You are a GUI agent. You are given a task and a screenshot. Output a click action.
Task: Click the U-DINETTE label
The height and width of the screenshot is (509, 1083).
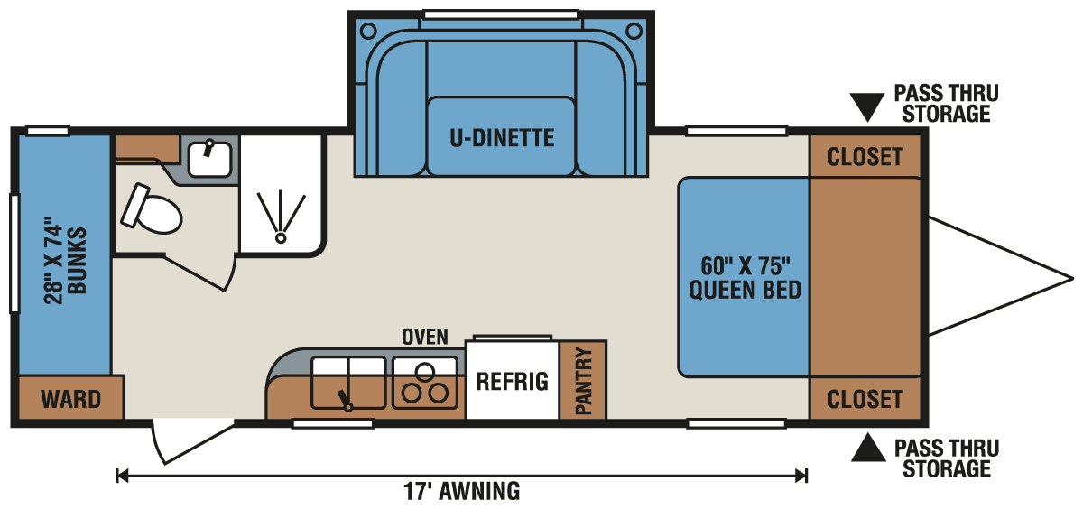[501, 138]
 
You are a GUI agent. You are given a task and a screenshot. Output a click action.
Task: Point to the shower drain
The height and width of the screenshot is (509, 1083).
[281, 236]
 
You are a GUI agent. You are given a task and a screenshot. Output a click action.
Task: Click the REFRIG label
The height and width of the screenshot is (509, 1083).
[512, 381]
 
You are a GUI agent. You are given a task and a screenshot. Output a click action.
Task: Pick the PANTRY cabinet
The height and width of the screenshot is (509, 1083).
[582, 380]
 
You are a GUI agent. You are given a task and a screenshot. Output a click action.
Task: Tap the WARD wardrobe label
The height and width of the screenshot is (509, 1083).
[70, 398]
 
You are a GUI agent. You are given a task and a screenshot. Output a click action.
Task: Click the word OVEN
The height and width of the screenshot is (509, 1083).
[424, 337]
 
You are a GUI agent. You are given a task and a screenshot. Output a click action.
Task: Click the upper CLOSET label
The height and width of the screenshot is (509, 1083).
[865, 157]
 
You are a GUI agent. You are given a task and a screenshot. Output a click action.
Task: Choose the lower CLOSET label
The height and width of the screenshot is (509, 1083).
[865, 398]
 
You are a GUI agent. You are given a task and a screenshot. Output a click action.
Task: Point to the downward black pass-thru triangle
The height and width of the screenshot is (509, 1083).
[867, 107]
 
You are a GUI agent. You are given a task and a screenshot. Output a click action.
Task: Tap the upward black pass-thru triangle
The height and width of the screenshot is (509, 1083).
[867, 447]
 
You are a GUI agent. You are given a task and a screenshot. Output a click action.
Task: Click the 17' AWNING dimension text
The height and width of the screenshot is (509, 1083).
[461, 492]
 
